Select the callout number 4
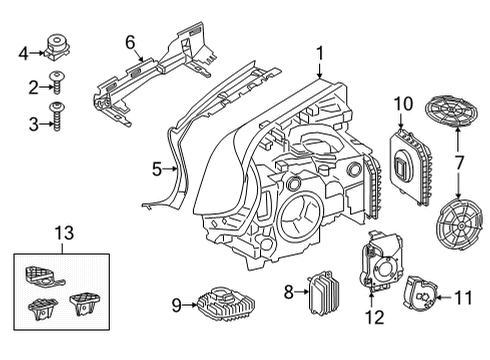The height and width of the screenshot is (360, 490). (x=23, y=51)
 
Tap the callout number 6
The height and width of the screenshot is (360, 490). (x=129, y=41)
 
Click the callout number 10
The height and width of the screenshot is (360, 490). (x=402, y=103)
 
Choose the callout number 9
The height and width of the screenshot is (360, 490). (x=176, y=304)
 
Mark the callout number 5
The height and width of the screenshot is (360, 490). (x=157, y=169)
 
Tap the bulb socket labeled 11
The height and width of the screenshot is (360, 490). (x=424, y=294)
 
